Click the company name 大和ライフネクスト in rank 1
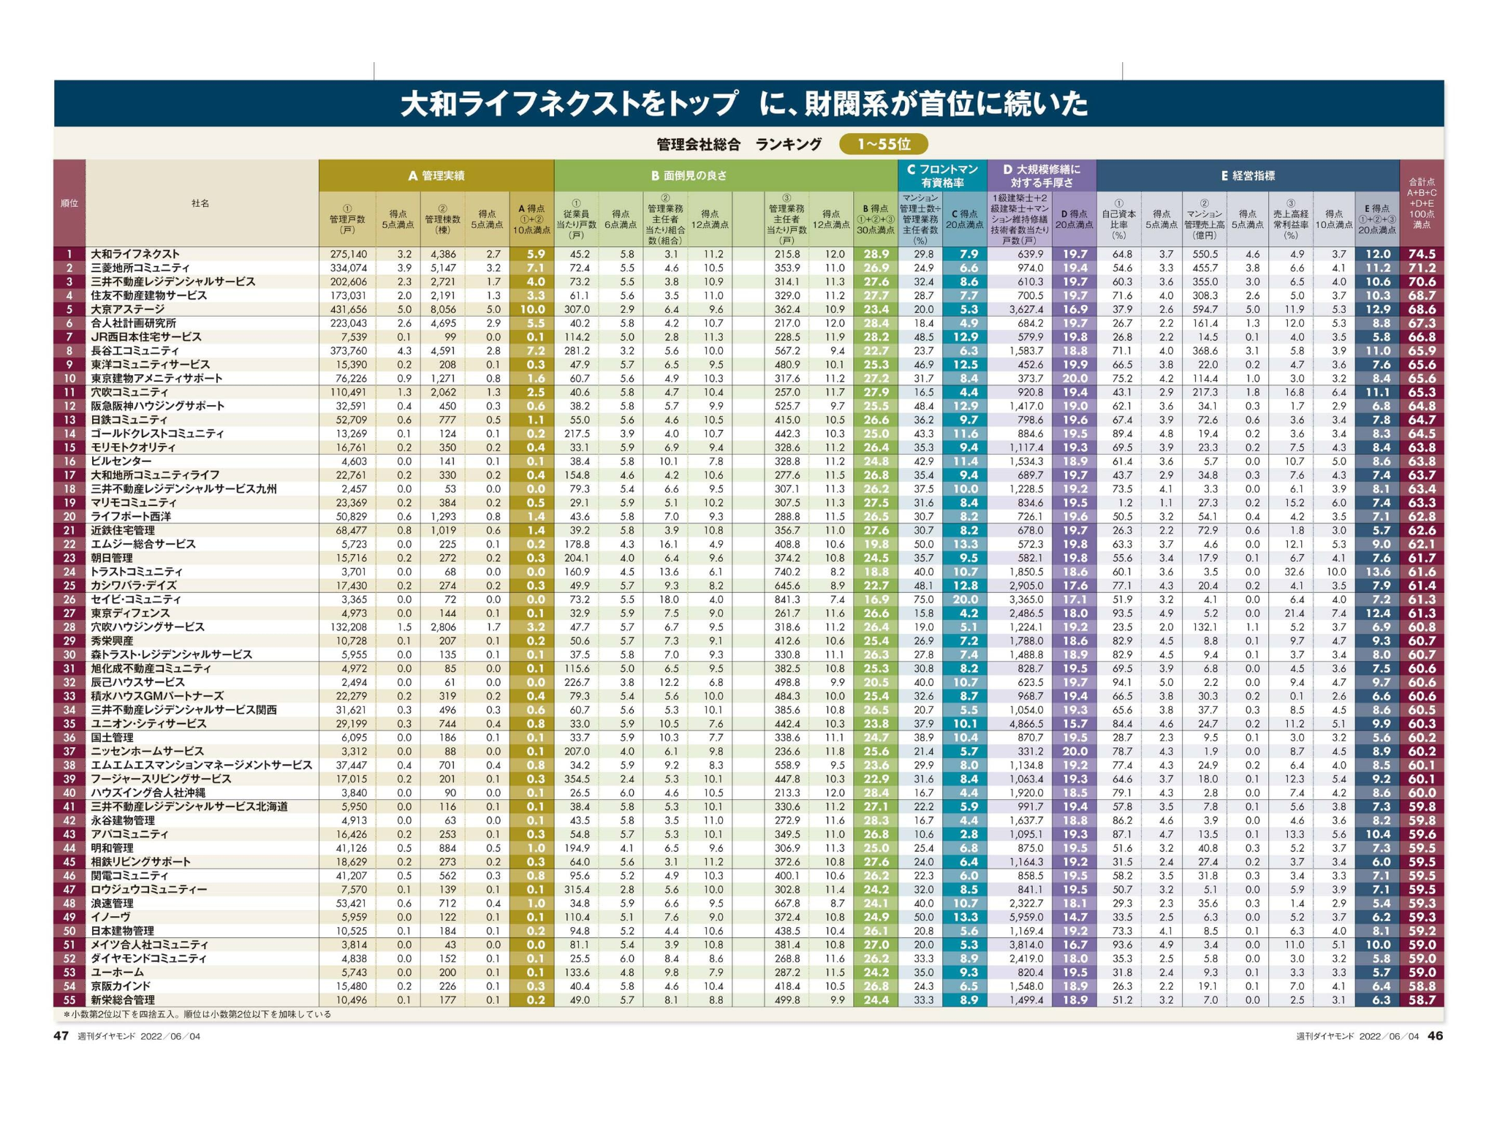(x=134, y=254)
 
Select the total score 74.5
(x=1421, y=254)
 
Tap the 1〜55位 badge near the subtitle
(x=883, y=144)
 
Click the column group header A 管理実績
(x=436, y=175)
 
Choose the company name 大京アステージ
(x=128, y=309)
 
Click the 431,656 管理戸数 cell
(x=349, y=309)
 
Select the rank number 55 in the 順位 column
(x=69, y=999)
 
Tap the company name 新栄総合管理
(x=123, y=999)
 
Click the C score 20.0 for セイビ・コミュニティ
(x=964, y=600)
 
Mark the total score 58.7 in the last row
(x=1421, y=999)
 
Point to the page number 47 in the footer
(x=61, y=1035)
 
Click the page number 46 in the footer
(x=1436, y=1035)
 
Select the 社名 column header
(x=200, y=203)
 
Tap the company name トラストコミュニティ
(x=137, y=572)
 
